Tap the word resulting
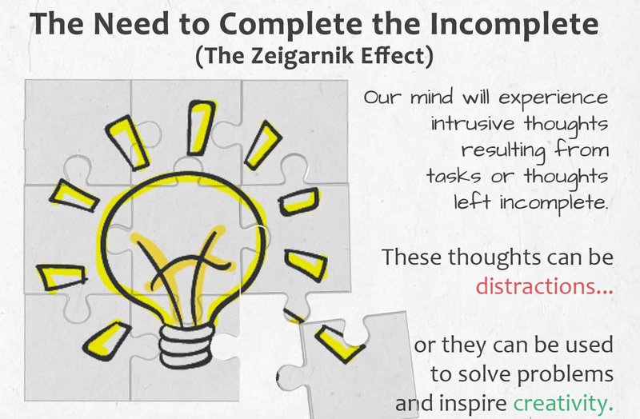[x=502, y=150]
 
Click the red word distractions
[x=544, y=285]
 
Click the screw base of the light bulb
[x=185, y=339]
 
